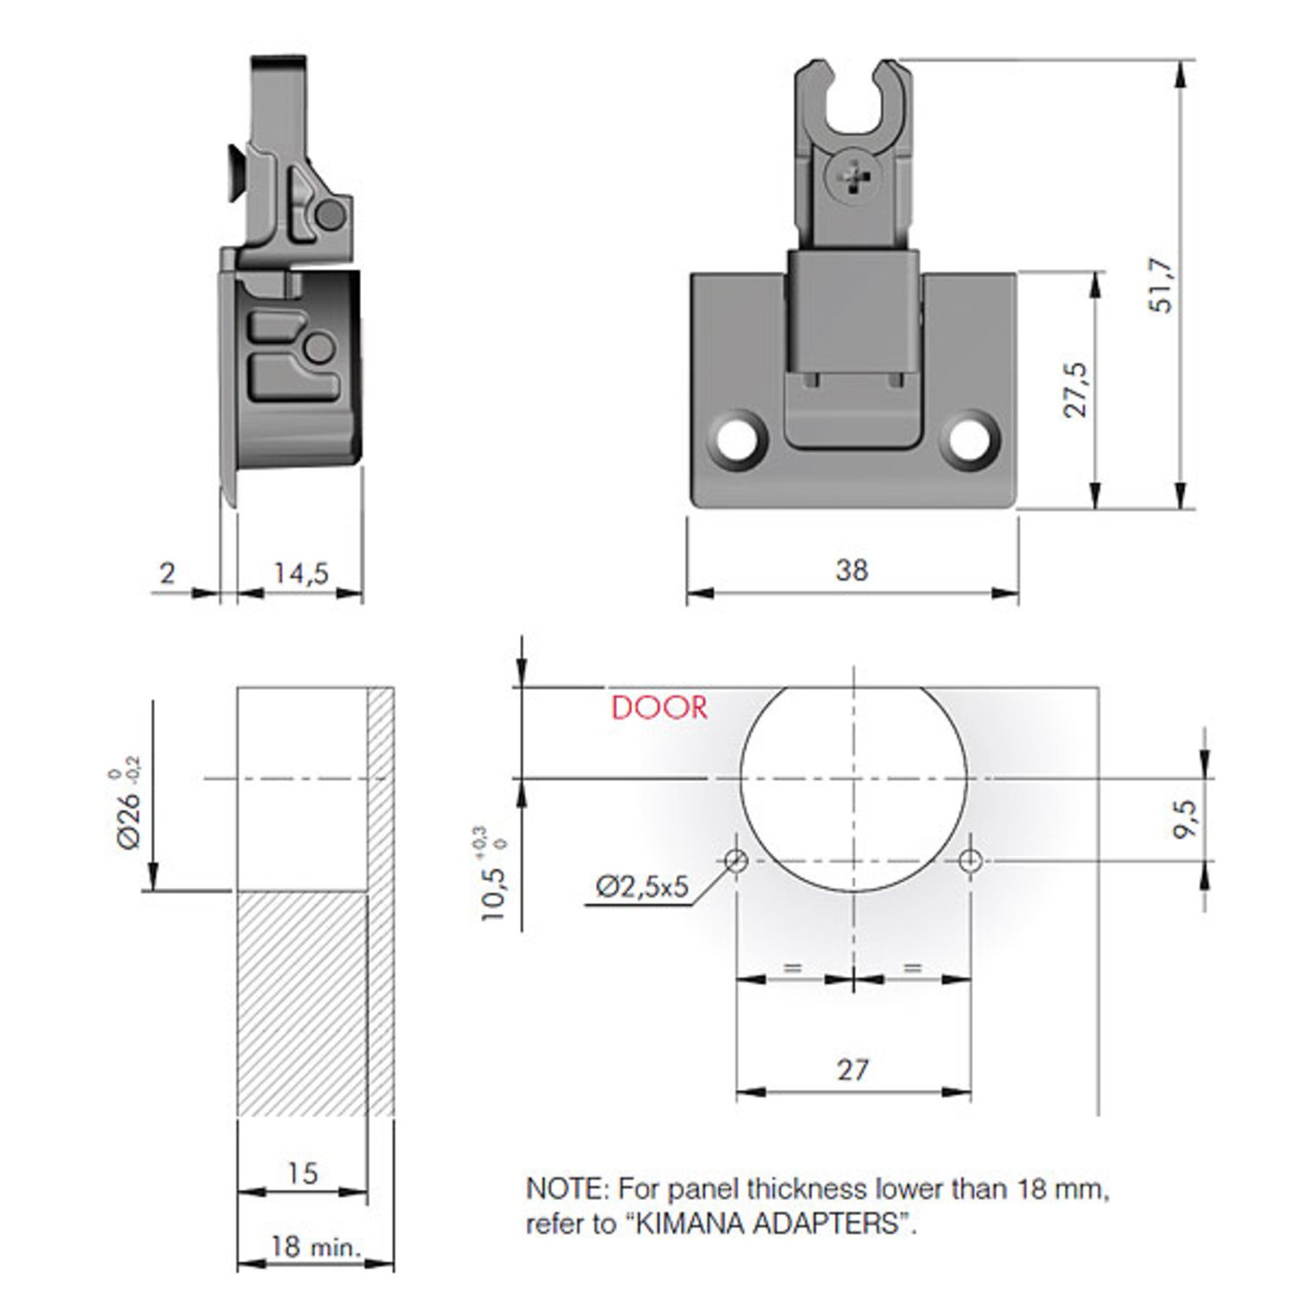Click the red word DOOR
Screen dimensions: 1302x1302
click(660, 707)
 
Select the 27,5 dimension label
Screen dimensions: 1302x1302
click(1075, 390)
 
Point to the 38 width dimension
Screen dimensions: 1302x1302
click(852, 570)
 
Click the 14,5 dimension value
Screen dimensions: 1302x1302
click(300, 573)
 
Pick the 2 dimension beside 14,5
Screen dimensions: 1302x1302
click(168, 573)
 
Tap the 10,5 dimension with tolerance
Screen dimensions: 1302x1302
click(493, 875)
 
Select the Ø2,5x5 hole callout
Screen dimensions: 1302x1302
click(641, 886)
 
